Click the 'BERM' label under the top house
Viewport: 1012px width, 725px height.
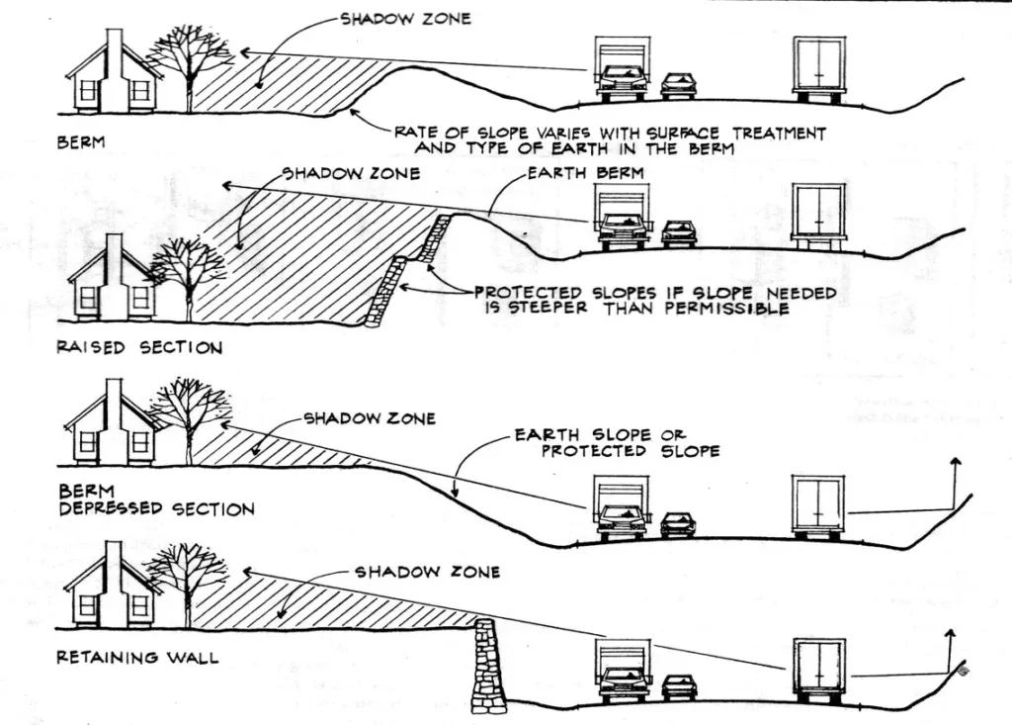pyautogui.click(x=80, y=142)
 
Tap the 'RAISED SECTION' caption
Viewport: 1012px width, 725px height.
pyautogui.click(x=139, y=347)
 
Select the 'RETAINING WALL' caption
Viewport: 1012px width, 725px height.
pyautogui.click(x=137, y=656)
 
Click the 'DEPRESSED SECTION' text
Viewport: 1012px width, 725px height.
pyautogui.click(x=157, y=508)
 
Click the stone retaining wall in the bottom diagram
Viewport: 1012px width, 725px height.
pyautogui.click(x=487, y=666)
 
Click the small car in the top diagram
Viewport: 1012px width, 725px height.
pyautogui.click(x=678, y=84)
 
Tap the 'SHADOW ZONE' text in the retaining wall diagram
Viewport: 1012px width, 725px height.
pyautogui.click(x=427, y=572)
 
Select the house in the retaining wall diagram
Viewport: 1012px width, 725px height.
pyautogui.click(x=109, y=589)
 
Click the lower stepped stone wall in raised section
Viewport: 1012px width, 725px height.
pyautogui.click(x=384, y=293)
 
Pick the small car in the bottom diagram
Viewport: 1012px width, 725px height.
pyautogui.click(x=679, y=686)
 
